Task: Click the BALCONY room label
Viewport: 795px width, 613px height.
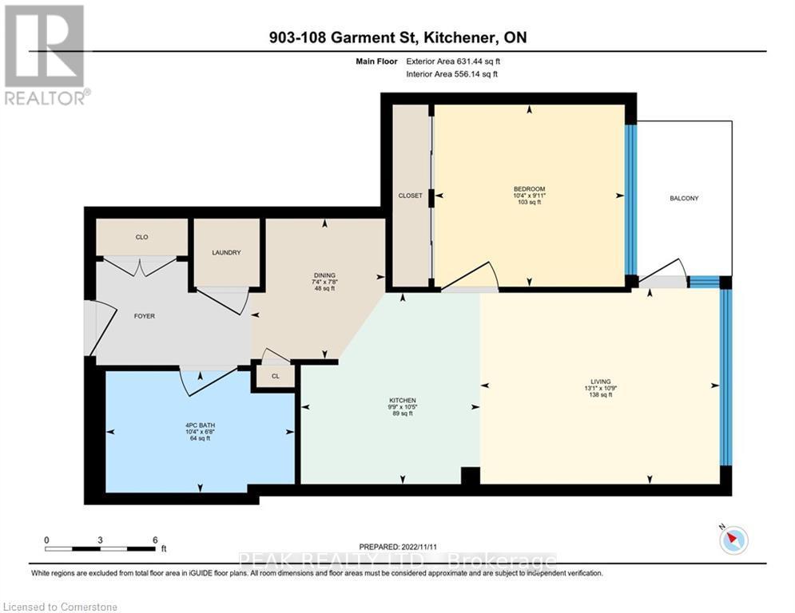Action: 684,198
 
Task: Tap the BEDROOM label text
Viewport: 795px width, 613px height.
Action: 529,189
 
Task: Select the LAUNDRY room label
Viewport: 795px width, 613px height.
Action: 226,253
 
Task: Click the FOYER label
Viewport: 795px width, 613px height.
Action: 144,316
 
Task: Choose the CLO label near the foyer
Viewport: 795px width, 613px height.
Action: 141,237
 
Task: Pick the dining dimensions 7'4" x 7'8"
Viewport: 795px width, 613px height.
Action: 324,281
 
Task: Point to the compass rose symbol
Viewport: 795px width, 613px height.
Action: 733,540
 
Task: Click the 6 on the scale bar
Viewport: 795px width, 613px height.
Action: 154,540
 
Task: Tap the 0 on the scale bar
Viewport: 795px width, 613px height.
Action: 47,540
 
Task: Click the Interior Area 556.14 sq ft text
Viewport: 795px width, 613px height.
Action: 451,74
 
